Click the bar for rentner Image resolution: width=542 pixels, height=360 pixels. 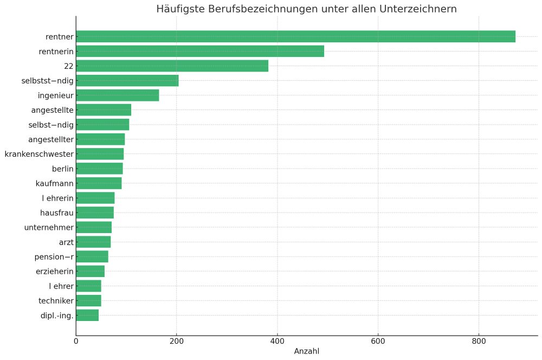[x=295, y=37]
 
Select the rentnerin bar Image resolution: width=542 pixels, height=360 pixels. [x=200, y=52]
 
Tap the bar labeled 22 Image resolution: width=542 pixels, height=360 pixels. [x=172, y=66]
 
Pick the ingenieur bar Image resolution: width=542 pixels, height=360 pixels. [x=117, y=95]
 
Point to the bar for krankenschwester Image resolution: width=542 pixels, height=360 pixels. [x=100, y=154]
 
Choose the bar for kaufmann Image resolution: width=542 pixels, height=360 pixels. [x=99, y=183]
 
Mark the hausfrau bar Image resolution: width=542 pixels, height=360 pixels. [x=95, y=213]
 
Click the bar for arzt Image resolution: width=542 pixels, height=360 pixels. [x=93, y=242]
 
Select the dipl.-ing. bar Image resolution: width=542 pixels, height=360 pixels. [x=87, y=315]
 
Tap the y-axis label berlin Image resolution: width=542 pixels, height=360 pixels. [x=63, y=169]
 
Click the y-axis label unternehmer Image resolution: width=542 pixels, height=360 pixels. [x=49, y=227]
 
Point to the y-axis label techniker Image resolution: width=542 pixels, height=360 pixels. [x=56, y=300]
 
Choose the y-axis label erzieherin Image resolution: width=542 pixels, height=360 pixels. [x=54, y=271]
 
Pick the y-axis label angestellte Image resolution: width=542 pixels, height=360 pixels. [x=52, y=110]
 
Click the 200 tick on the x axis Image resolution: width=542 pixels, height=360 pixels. [x=177, y=341]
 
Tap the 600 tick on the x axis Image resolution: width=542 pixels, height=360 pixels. [x=378, y=341]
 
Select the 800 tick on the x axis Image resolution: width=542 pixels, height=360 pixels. [x=479, y=341]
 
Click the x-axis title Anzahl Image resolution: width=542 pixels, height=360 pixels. [x=307, y=351]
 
